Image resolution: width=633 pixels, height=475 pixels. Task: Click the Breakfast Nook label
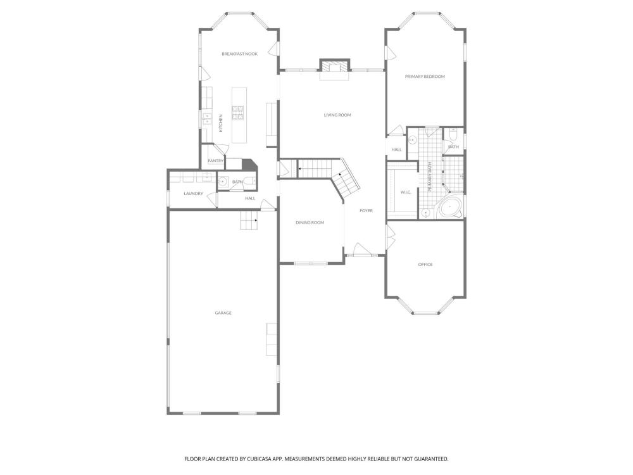[239, 54]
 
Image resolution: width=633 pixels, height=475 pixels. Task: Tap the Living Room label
[337, 115]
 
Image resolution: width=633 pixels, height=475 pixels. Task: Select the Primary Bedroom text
[425, 77]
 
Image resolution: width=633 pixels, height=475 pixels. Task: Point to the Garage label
[223, 313]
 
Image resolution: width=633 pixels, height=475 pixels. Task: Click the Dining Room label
[310, 222]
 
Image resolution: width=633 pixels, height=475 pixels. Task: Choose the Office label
[425, 265]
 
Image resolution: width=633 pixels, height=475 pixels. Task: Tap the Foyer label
[366, 211]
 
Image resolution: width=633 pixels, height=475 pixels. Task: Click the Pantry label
[216, 161]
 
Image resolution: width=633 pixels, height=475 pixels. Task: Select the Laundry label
[193, 193]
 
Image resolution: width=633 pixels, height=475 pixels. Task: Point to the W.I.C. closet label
[406, 193]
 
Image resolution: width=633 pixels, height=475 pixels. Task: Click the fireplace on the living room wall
[335, 67]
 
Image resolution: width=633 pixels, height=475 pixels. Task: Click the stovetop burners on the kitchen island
[237, 112]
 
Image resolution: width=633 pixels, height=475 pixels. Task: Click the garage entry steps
[249, 220]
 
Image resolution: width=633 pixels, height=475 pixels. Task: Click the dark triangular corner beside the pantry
[249, 164]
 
